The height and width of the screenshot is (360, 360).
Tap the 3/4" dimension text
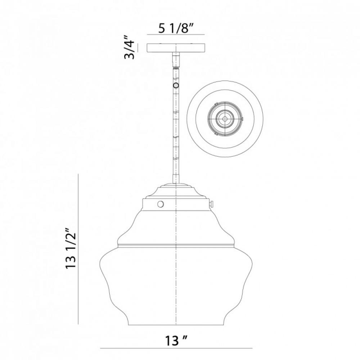tap(129, 47)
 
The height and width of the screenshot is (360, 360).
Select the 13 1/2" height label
tap(71, 248)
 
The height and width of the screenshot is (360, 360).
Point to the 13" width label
tap(176, 340)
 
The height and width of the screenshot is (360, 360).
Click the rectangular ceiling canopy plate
tap(176, 48)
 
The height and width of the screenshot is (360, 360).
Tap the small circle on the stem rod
tap(176, 86)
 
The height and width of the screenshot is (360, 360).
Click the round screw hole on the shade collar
tap(161, 204)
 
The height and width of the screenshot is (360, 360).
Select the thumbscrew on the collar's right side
tap(212, 203)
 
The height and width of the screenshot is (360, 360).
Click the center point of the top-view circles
tap(225, 119)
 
